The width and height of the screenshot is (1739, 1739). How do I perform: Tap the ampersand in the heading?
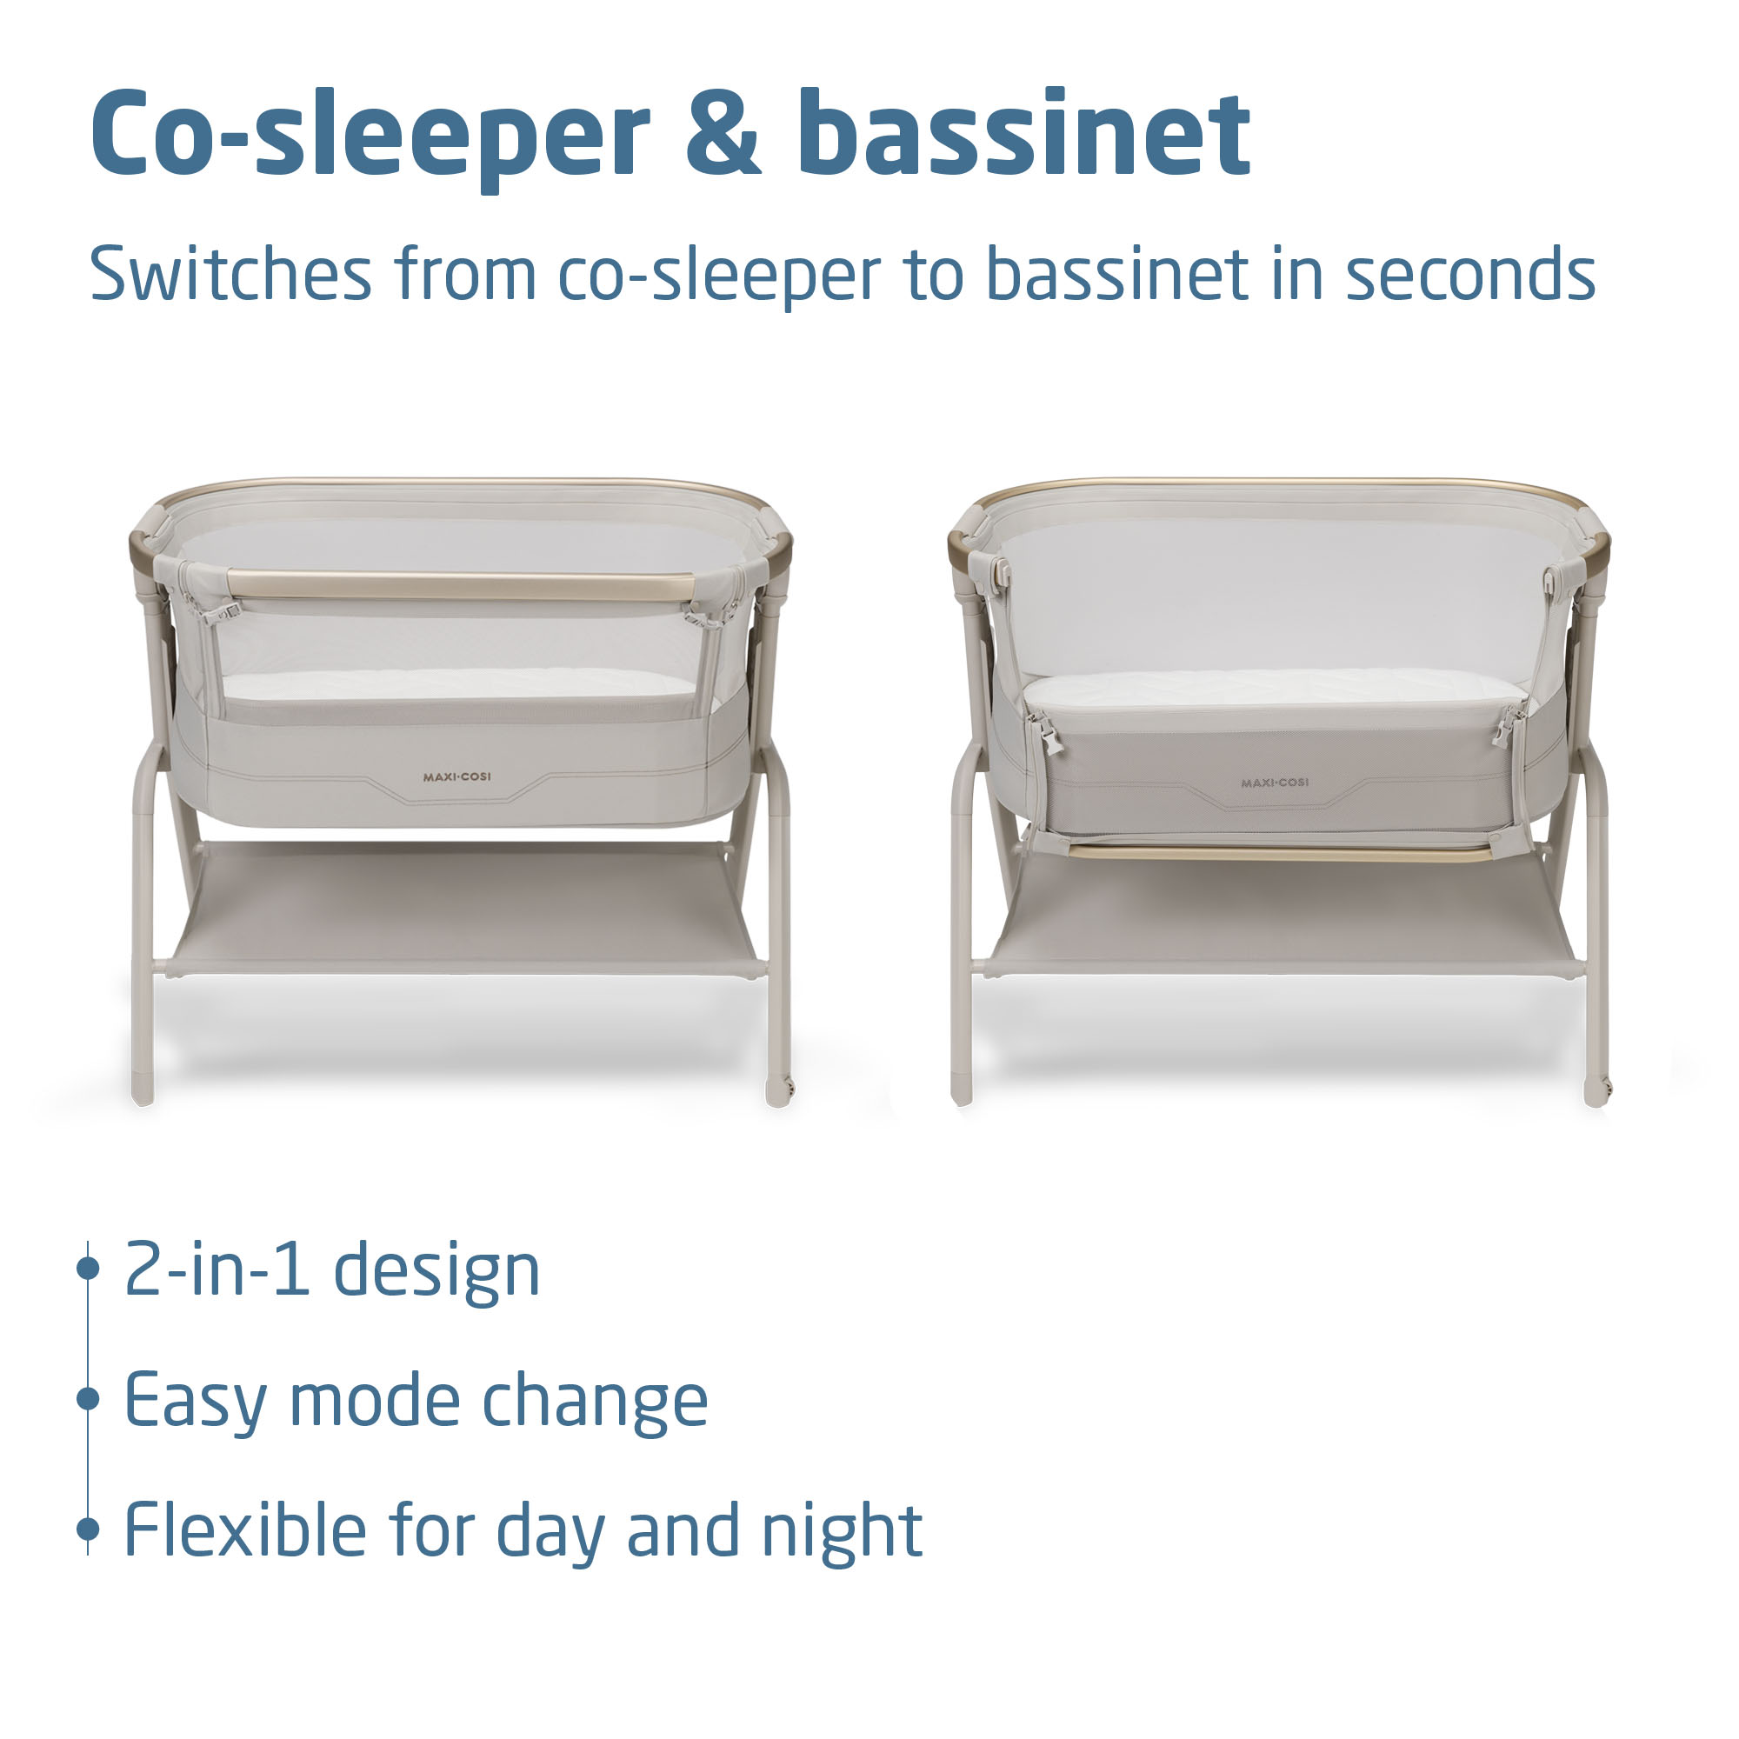tap(723, 133)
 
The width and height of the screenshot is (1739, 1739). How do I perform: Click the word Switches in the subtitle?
tap(230, 274)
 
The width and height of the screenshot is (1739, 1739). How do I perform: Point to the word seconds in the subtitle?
tap(1471, 275)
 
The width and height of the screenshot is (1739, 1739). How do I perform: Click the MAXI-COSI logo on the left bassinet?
tap(457, 776)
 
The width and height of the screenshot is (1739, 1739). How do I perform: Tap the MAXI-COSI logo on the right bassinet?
tap(1275, 783)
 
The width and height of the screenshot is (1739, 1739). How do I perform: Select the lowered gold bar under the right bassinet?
tap(1281, 851)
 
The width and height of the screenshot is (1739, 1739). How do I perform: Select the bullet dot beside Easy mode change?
tap(88, 1399)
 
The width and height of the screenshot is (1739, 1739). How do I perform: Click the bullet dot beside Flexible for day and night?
tap(88, 1529)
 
